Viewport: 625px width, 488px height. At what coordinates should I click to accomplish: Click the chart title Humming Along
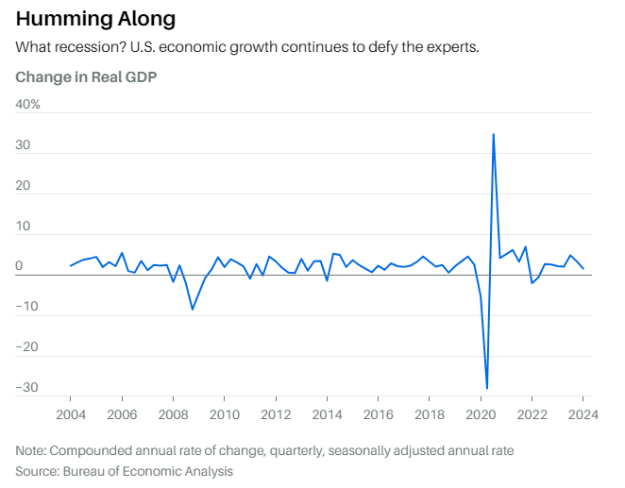coord(95,19)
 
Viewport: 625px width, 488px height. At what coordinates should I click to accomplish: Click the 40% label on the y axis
coord(27,104)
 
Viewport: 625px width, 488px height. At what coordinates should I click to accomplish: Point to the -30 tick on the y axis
coord(27,387)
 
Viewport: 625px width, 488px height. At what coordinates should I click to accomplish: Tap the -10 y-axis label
coord(27,307)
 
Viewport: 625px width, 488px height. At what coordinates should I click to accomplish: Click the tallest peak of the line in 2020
coord(493,134)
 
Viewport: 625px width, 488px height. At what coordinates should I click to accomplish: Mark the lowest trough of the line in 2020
coord(487,388)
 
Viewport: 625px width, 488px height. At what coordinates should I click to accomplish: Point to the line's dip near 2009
coord(193,309)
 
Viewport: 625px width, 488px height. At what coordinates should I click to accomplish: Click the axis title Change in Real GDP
coord(86,76)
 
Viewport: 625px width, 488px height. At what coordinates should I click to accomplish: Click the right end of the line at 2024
coord(583,269)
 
